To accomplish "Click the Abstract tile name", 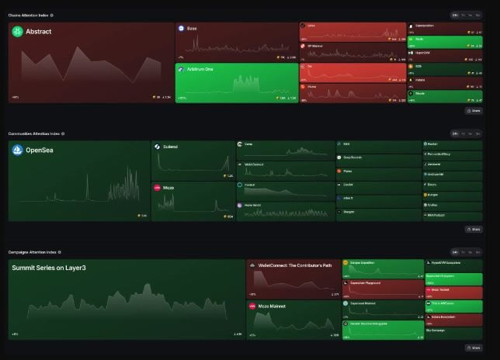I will (x=39, y=32).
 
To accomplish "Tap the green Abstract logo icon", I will (x=17, y=32).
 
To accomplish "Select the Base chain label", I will (x=192, y=29).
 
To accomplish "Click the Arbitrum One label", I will (x=200, y=69).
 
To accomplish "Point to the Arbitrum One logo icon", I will (x=181, y=69).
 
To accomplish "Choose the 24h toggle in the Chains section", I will (x=455, y=15).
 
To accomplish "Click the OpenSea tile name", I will (x=40, y=150).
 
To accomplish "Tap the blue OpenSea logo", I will (x=17, y=150).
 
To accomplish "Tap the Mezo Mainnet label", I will (x=273, y=306).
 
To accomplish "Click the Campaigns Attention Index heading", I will (x=33, y=252).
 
